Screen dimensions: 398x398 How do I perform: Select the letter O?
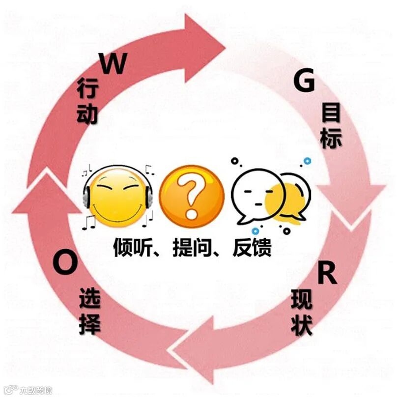[65, 263]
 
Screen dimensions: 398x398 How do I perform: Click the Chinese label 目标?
[331, 127]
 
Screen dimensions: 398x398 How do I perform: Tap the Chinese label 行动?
[87, 103]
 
